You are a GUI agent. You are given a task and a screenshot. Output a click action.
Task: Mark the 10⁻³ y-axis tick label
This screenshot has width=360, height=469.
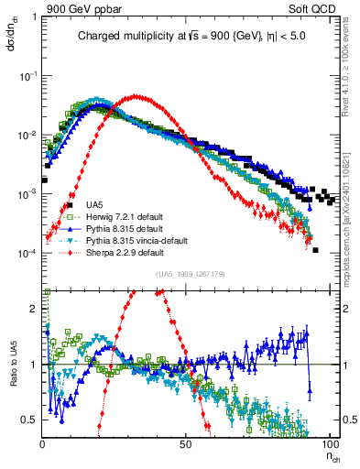click(x=27, y=194)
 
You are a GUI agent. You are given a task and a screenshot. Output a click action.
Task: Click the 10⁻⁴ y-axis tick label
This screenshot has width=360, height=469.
click(x=27, y=253)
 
